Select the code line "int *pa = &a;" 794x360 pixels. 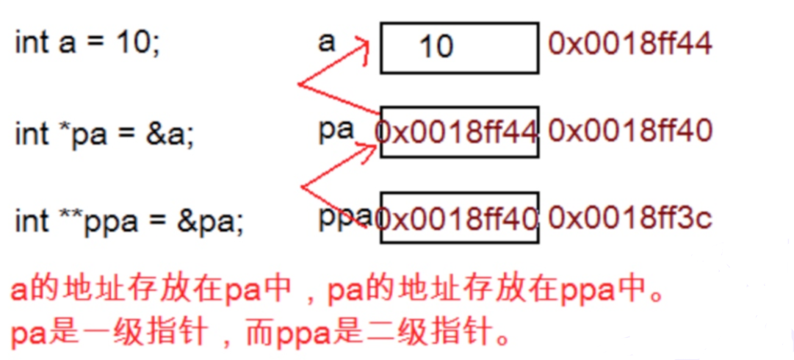point(105,134)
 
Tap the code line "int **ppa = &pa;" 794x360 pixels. point(129,220)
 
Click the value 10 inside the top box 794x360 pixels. point(436,47)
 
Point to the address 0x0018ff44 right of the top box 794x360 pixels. point(629,44)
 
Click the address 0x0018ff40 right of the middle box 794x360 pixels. point(629,132)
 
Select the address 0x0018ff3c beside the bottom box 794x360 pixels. point(629,217)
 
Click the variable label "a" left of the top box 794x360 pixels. point(326,41)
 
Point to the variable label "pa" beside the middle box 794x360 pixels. point(336,129)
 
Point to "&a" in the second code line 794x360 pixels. point(175,134)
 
